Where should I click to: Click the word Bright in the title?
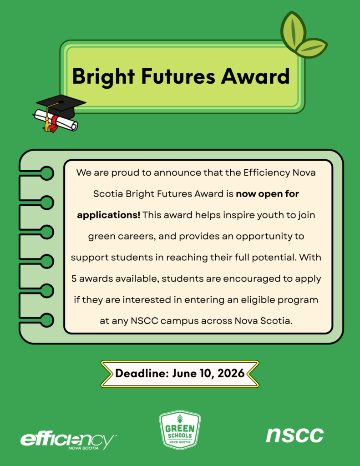(x=103, y=76)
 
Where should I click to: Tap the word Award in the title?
(x=255, y=76)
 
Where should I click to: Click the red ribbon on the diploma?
(x=54, y=124)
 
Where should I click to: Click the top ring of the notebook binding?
(x=47, y=173)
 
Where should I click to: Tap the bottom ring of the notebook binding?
(x=47, y=320)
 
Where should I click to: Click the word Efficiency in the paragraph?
(x=267, y=172)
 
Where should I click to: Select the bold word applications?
(x=108, y=215)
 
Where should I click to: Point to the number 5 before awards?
(x=74, y=279)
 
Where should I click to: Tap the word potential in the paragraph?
(x=274, y=258)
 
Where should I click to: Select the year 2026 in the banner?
(x=231, y=373)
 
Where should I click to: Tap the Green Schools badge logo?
(x=180, y=430)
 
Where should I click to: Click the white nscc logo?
(x=294, y=436)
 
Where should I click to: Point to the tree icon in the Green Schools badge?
(x=180, y=419)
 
